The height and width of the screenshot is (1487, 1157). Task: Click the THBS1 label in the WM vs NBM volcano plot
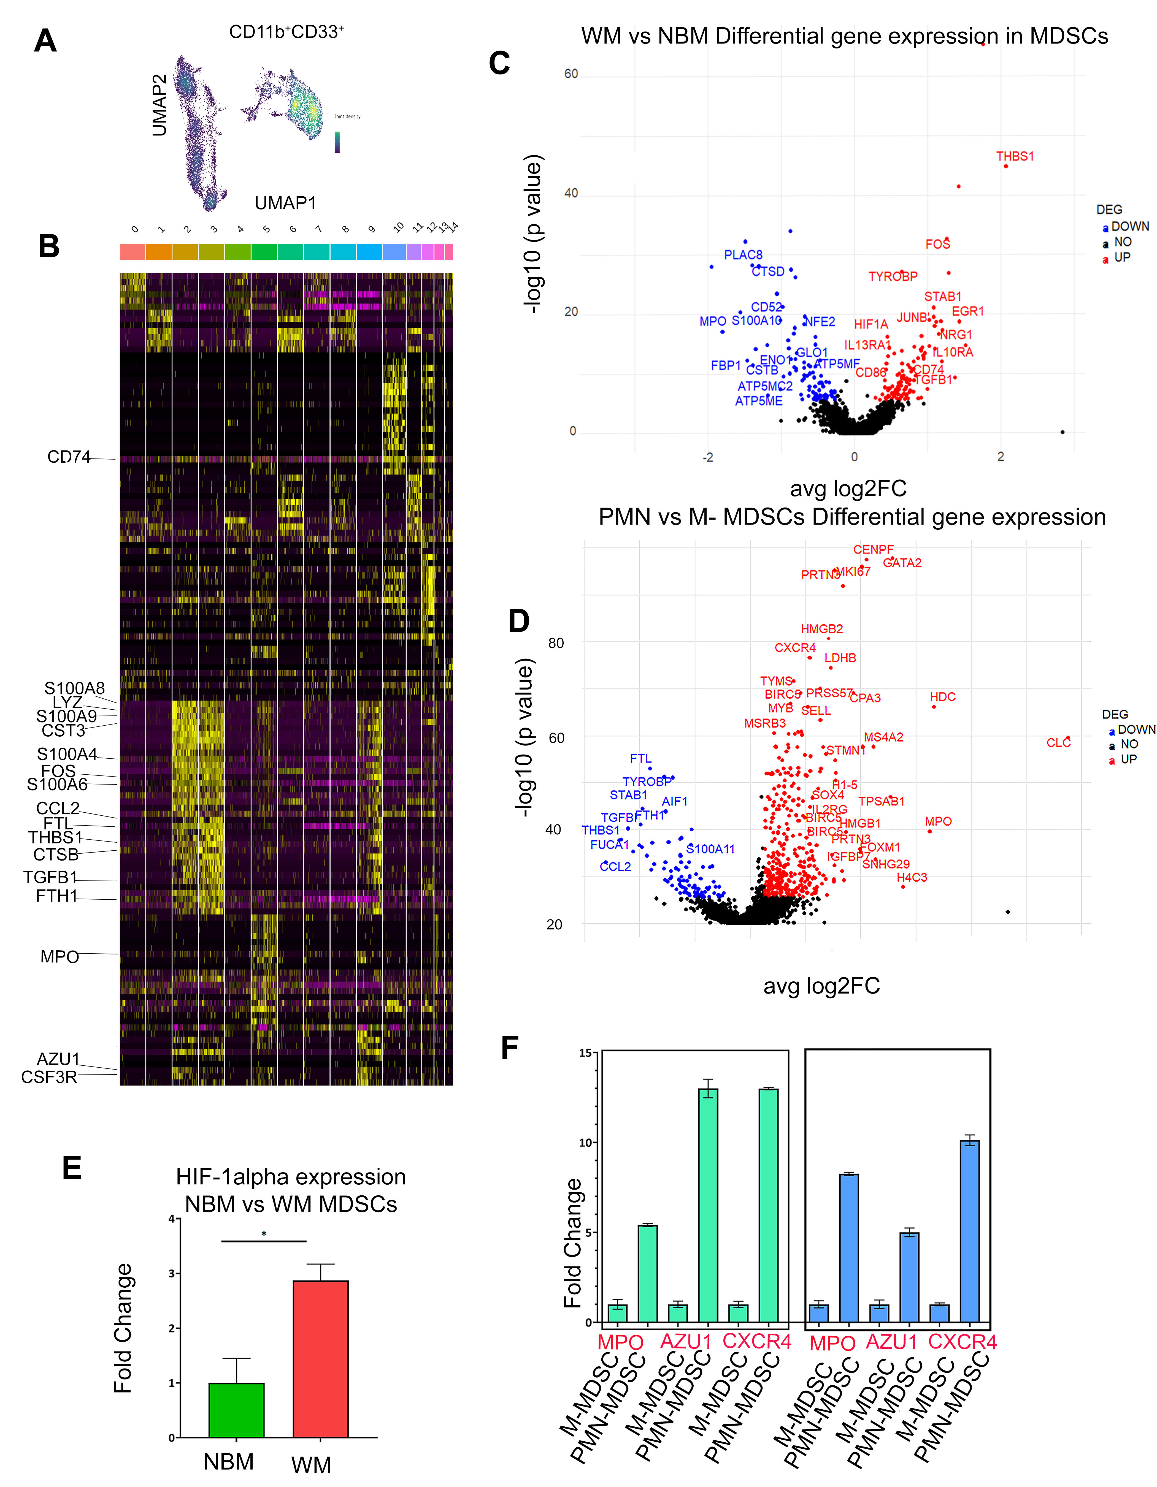(1015, 157)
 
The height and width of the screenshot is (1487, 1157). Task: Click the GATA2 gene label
(902, 563)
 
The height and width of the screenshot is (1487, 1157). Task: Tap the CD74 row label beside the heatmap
(69, 457)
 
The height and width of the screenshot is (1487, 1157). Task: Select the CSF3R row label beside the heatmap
(49, 1077)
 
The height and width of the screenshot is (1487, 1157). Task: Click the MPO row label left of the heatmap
(60, 957)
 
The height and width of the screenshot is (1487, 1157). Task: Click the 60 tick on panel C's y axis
(571, 74)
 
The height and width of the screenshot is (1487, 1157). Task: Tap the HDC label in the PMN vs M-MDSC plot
(942, 697)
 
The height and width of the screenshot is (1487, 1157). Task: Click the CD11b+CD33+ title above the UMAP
(286, 32)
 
